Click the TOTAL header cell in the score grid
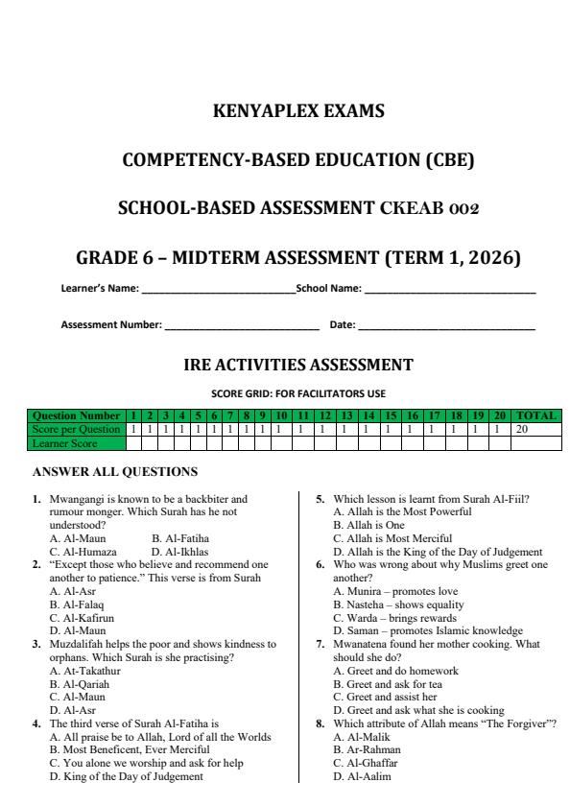(x=536, y=416)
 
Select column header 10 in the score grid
(x=282, y=416)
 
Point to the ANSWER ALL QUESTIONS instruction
(x=115, y=472)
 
